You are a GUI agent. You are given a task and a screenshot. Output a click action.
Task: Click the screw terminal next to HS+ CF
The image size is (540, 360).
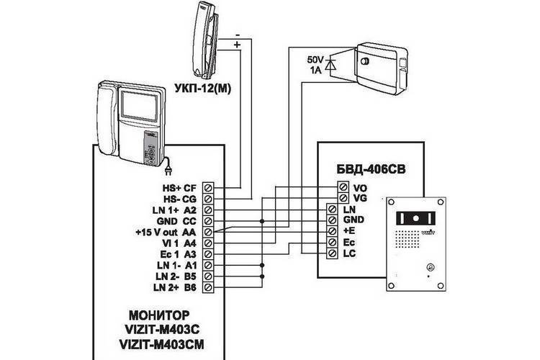[208, 188]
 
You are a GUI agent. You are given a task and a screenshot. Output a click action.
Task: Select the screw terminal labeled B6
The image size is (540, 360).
[208, 287]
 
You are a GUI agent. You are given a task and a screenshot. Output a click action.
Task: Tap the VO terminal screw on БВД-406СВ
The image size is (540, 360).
[343, 187]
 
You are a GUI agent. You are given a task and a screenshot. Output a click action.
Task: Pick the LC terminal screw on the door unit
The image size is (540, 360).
[333, 253]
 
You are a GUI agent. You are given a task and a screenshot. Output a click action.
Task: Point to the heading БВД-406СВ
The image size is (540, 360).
[371, 169]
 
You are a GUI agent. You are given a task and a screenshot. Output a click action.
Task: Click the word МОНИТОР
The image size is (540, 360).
[159, 315]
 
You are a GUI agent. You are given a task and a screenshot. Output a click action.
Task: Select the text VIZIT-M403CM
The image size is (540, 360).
[161, 344]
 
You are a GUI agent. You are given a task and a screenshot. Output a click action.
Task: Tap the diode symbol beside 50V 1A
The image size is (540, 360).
[330, 65]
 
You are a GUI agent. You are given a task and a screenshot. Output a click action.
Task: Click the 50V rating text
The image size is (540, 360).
[314, 60]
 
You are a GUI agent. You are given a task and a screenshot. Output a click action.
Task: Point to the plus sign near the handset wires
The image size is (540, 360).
[238, 45]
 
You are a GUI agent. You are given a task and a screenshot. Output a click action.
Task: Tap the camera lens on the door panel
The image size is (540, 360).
[416, 218]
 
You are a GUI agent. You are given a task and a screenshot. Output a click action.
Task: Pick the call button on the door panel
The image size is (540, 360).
[430, 266]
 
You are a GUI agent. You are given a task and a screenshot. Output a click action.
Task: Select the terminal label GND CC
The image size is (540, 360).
[176, 221]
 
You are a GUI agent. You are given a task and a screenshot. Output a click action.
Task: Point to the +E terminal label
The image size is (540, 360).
[349, 231]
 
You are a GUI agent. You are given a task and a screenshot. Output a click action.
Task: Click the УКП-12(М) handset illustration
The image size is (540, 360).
[205, 40]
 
